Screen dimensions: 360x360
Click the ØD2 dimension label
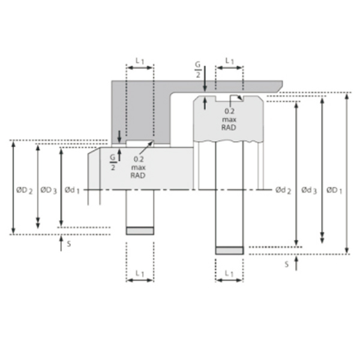(25, 190)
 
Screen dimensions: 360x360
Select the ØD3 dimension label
(49, 190)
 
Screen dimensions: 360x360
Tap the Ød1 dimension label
(72, 190)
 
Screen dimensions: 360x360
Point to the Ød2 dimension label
(283, 190)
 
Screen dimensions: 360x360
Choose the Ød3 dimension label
(309, 190)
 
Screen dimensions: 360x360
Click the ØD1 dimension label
(334, 190)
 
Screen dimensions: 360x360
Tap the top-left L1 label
(140, 61)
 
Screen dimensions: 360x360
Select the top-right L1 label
(229, 61)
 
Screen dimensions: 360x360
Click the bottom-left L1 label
(140, 274)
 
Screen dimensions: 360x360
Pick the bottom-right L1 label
(229, 274)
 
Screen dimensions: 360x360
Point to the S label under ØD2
(69, 244)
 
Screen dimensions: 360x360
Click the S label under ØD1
(287, 265)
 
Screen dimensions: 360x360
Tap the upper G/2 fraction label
(198, 70)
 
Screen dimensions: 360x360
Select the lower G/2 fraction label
(113, 163)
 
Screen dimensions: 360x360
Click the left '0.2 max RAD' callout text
(138, 167)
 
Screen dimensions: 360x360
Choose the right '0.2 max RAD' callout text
(229, 119)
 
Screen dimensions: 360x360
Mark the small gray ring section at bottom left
(140, 231)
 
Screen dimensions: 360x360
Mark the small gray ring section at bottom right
(229, 250)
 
